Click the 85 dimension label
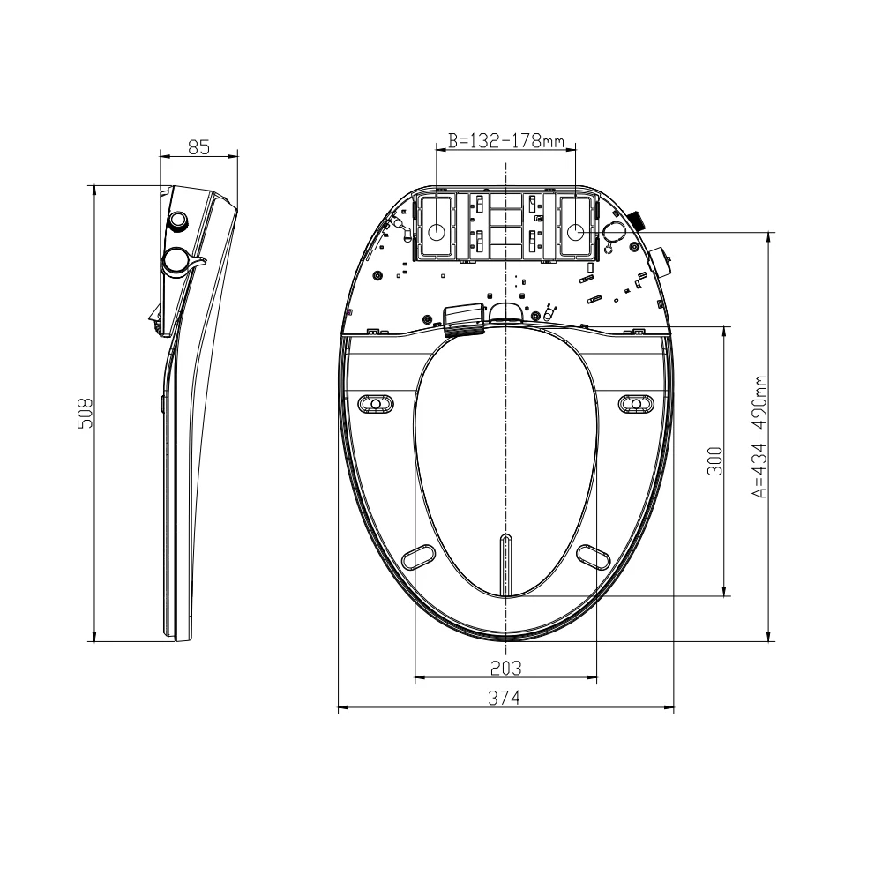(198, 147)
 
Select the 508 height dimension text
(86, 412)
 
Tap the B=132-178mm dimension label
(506, 140)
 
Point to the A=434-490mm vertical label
(760, 437)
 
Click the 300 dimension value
(715, 460)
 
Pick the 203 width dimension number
(505, 667)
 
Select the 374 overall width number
(505, 697)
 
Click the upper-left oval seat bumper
(376, 404)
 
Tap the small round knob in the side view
(180, 220)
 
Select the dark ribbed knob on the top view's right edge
(637, 220)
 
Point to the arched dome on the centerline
(505, 310)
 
